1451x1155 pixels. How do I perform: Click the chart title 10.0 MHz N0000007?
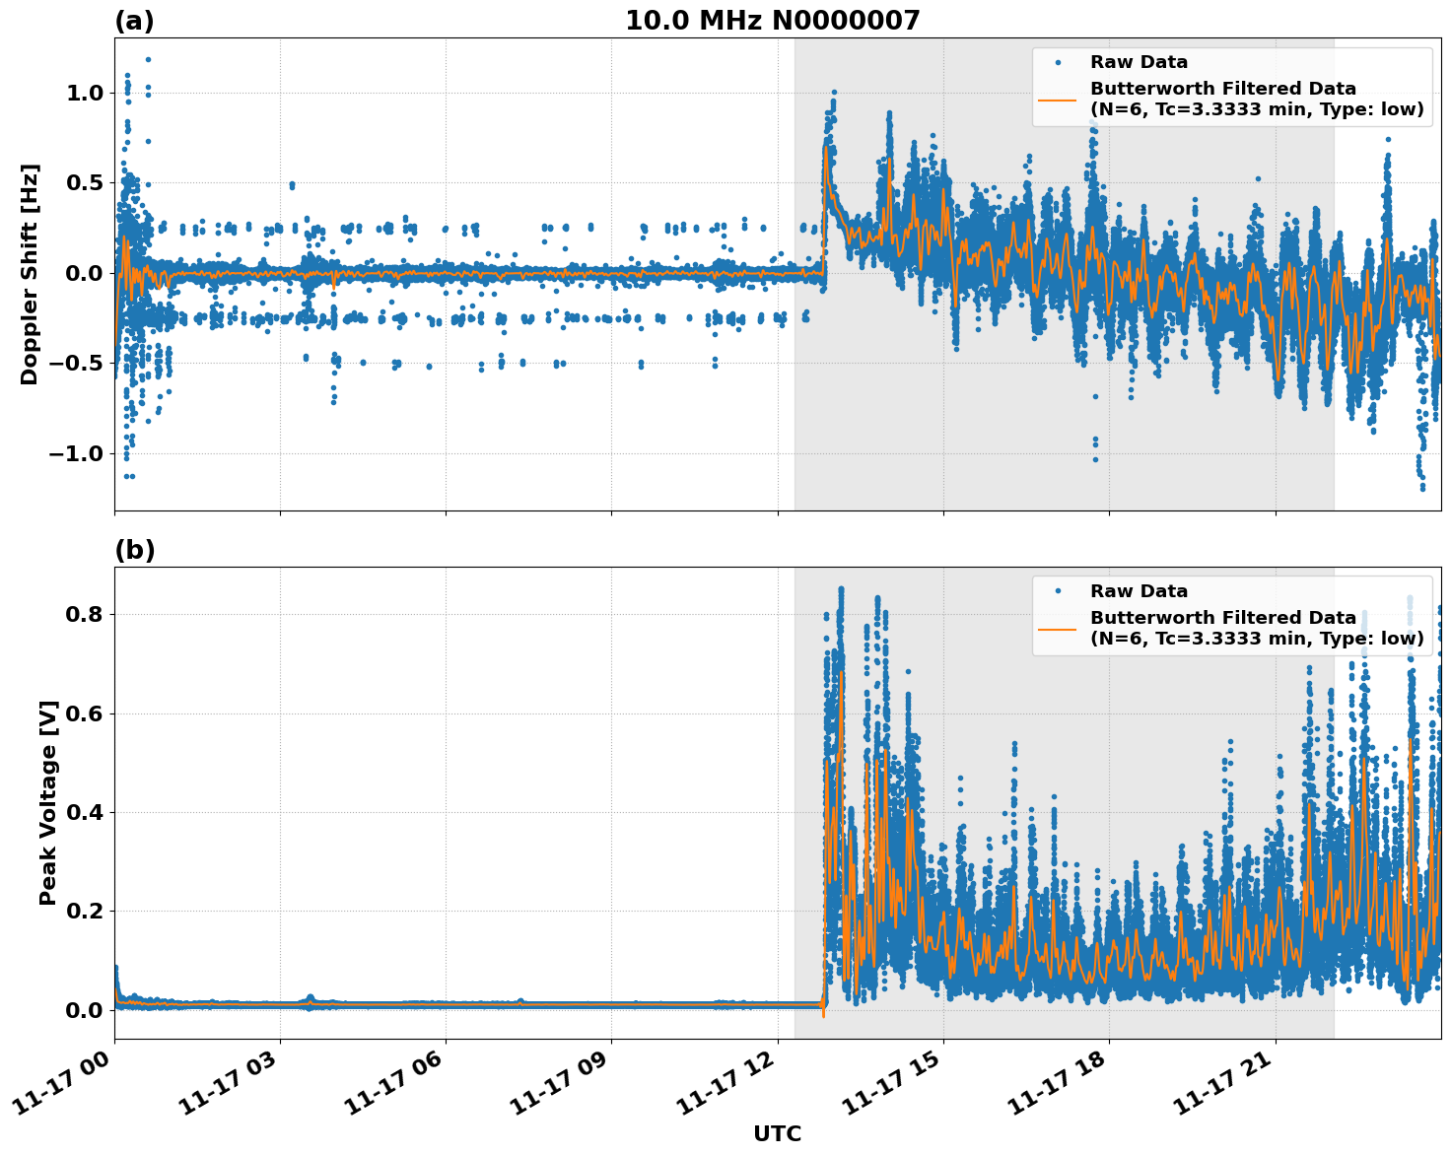click(772, 21)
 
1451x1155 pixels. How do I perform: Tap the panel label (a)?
click(134, 21)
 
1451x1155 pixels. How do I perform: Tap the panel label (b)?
click(134, 550)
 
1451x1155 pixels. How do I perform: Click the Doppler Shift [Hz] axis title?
click(30, 274)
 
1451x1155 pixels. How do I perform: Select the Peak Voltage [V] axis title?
click(47, 802)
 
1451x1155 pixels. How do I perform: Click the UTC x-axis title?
click(777, 1133)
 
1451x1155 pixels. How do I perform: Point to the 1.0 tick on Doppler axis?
click(84, 94)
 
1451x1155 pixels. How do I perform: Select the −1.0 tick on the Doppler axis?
click(77, 454)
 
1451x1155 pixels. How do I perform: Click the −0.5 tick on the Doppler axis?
click(77, 364)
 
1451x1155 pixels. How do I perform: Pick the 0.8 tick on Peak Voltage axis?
click(84, 615)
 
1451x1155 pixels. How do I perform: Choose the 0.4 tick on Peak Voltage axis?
click(84, 813)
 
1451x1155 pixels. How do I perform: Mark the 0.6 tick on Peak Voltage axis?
click(84, 713)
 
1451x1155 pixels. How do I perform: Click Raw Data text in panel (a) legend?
click(1139, 62)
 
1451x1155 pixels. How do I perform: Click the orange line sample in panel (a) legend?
click(1058, 99)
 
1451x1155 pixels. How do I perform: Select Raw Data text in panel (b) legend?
click(1139, 591)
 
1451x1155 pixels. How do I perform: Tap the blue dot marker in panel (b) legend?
click(1058, 591)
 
